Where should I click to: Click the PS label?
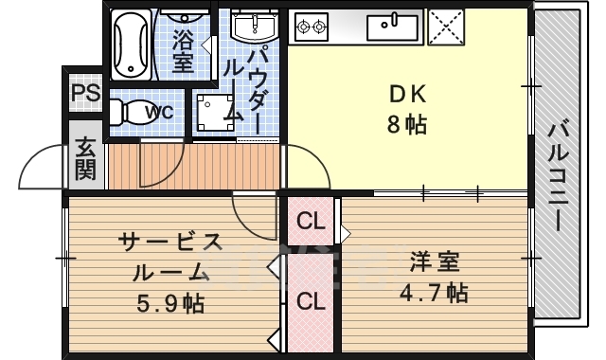pyautogui.click(x=85, y=94)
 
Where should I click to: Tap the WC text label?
pyautogui.click(x=158, y=112)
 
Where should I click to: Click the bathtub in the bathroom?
pyautogui.click(x=132, y=42)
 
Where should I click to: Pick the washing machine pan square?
pyautogui.click(x=213, y=112)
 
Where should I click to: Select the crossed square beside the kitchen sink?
pyautogui.click(x=444, y=26)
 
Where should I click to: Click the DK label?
pyautogui.click(x=409, y=94)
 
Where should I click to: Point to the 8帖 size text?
pyautogui.click(x=409, y=123)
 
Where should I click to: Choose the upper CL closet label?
pyautogui.click(x=311, y=223)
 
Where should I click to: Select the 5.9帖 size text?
pyautogui.click(x=169, y=304)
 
